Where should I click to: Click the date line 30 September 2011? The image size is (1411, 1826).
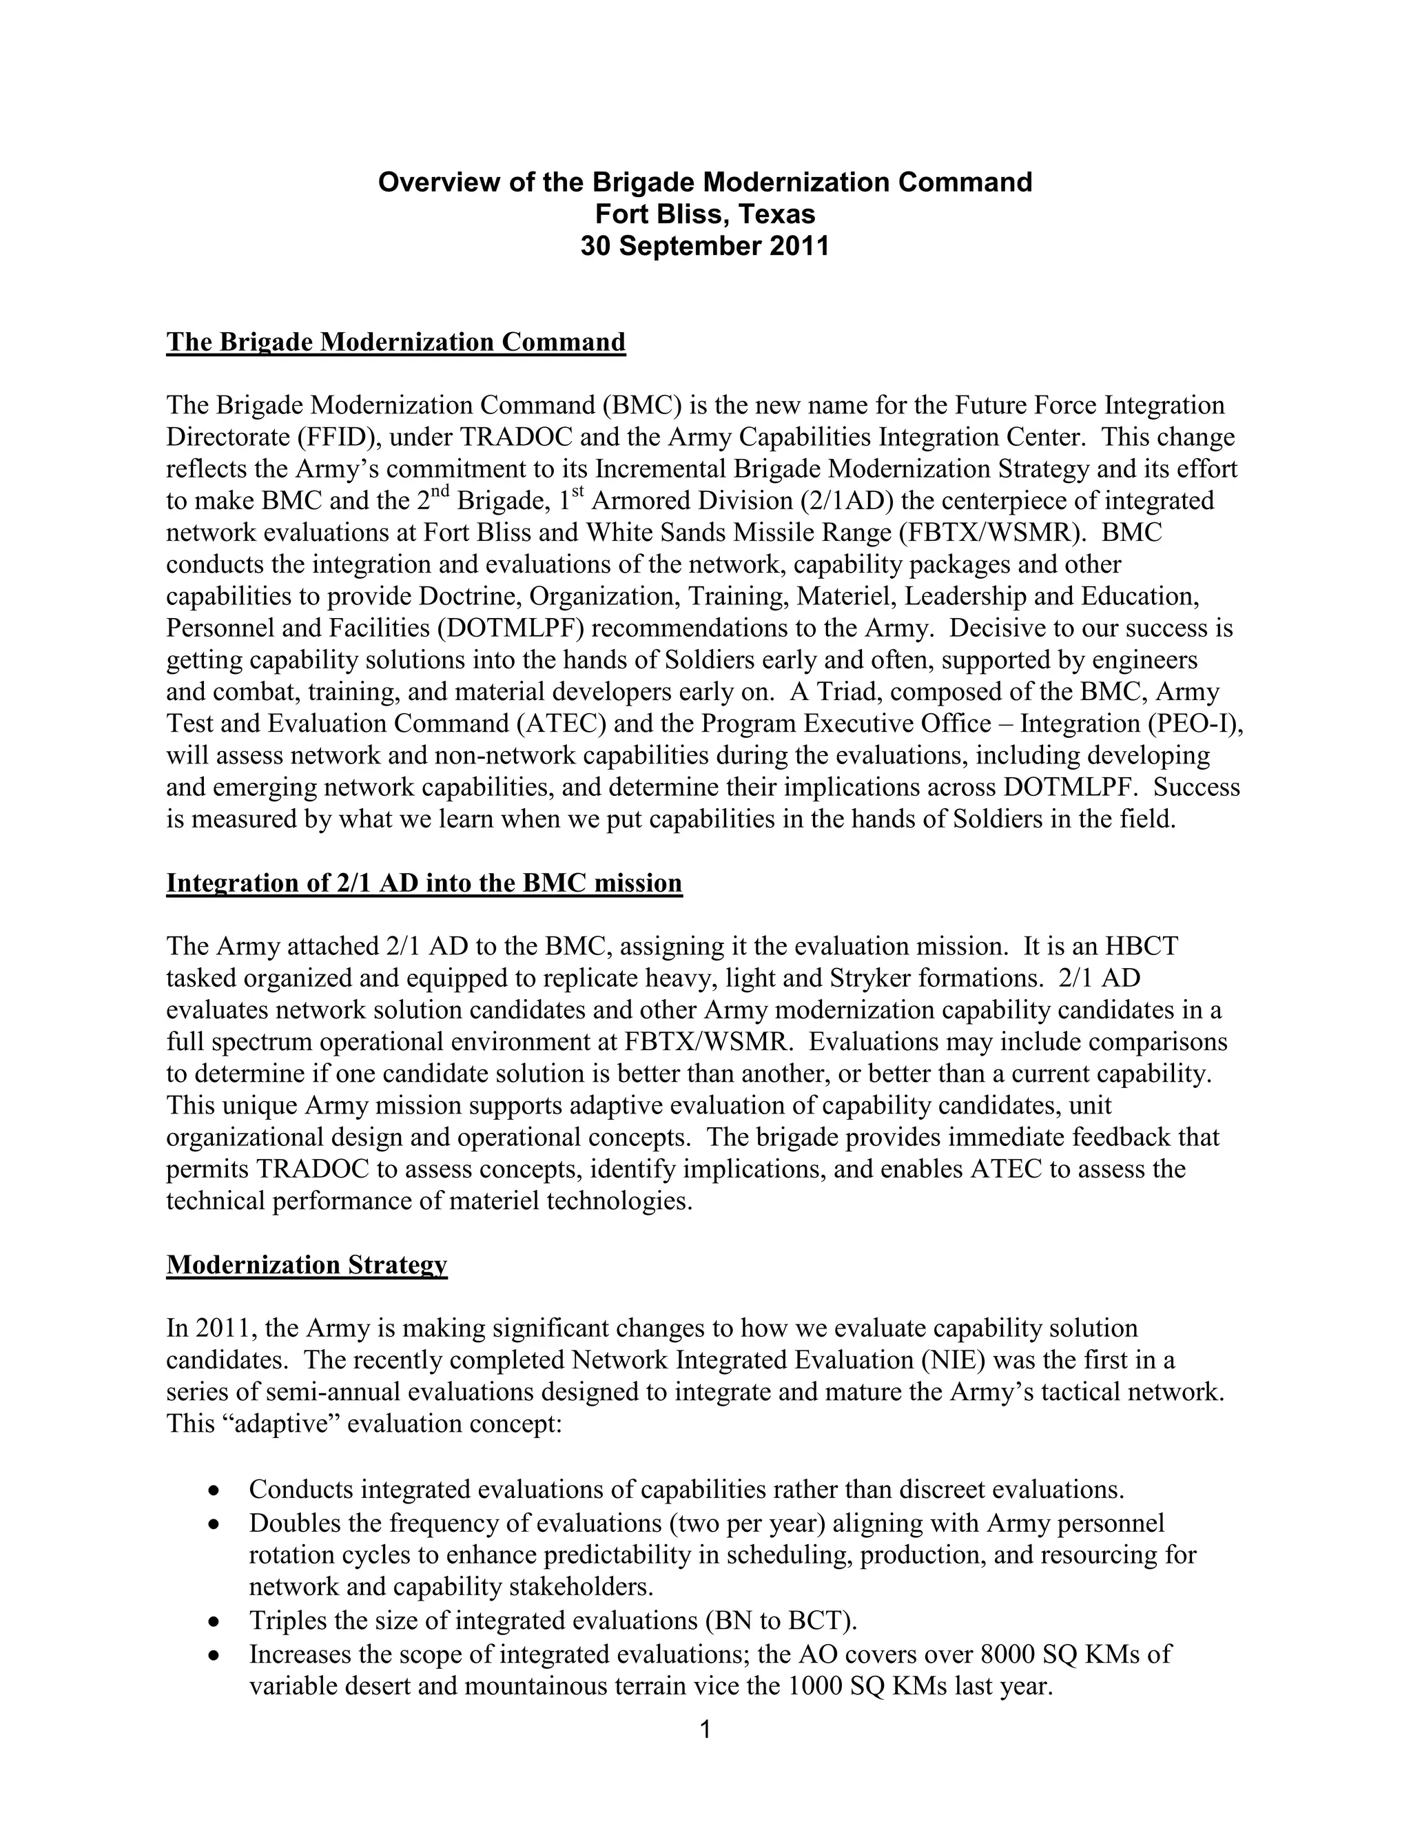[705, 247]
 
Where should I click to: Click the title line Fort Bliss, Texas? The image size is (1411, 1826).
[705, 215]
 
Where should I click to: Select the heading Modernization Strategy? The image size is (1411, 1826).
[307, 1265]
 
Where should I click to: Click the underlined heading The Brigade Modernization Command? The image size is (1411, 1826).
[395, 342]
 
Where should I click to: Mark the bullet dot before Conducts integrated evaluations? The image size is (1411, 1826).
[215, 1490]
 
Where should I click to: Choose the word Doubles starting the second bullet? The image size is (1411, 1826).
[295, 1524]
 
